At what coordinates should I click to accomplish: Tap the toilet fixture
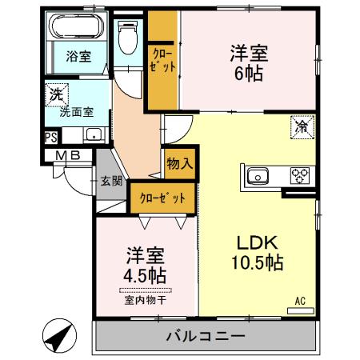tap(127, 36)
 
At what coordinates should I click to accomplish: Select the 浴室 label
tap(78, 57)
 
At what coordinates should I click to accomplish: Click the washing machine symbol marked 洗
tap(55, 93)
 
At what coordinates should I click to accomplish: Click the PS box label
tap(51, 138)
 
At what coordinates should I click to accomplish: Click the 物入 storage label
tap(179, 165)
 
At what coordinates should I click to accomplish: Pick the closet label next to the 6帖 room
tap(162, 62)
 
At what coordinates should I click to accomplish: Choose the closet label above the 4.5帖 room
tap(162, 198)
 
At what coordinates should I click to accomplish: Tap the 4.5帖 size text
tap(145, 275)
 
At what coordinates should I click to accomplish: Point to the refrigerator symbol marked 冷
tap(302, 126)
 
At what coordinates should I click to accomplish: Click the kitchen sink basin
tap(259, 175)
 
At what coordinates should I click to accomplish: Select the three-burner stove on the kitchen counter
tap(299, 175)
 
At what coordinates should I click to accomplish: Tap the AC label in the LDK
tap(301, 300)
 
